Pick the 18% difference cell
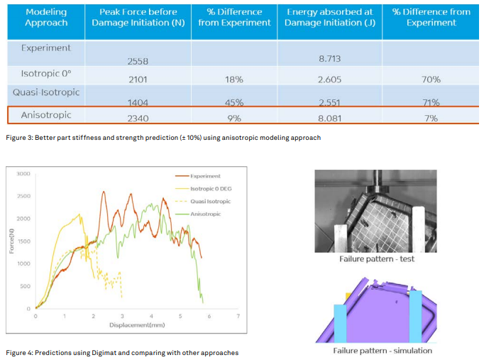click(x=234, y=80)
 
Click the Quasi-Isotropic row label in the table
click(x=46, y=92)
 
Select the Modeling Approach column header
click(x=46, y=18)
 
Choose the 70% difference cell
click(x=431, y=80)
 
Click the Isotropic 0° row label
click(x=46, y=73)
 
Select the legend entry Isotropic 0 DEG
click(x=211, y=189)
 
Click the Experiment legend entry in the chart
click(x=205, y=176)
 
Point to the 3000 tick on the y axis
click(x=23, y=173)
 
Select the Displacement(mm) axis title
click(x=137, y=324)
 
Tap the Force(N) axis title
click(x=12, y=241)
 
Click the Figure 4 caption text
click(x=121, y=352)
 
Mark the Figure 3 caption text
click(x=163, y=137)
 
